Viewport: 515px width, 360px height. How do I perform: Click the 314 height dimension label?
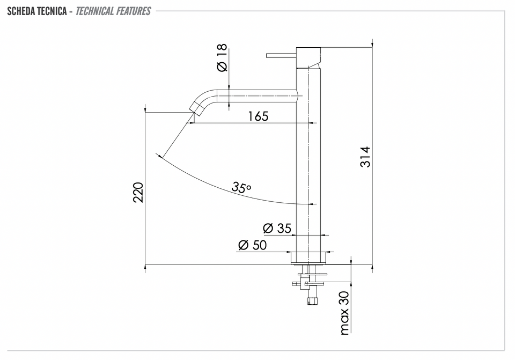[365, 157]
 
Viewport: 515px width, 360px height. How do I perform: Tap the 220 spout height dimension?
[138, 193]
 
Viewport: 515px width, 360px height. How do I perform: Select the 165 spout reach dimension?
[258, 116]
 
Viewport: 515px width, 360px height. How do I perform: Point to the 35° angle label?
[241, 187]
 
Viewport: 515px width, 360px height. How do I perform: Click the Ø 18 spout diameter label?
[222, 57]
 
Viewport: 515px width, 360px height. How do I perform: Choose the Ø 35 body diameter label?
[277, 228]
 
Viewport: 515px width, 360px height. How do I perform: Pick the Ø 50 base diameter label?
[252, 245]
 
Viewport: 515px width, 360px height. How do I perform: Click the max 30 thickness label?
[344, 313]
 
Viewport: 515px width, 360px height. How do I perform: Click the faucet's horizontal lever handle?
[282, 55]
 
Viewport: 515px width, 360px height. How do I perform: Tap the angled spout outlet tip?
[196, 108]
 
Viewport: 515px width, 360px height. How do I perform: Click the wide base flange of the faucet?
[308, 258]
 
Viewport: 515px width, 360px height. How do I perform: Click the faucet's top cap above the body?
[308, 57]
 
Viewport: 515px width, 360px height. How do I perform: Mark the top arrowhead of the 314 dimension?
[372, 43]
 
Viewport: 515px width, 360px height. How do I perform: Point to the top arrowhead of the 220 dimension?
[145, 108]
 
